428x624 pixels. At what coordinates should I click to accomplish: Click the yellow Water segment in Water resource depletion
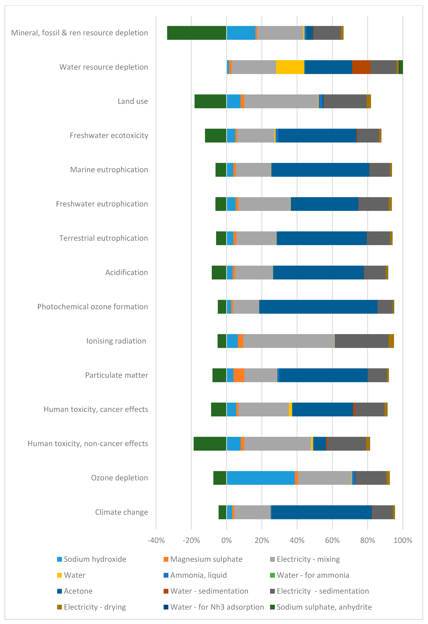tap(290, 67)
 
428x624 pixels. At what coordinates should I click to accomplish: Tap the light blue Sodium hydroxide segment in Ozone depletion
tap(260, 478)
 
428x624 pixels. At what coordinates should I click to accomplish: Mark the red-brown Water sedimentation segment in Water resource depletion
tap(361, 67)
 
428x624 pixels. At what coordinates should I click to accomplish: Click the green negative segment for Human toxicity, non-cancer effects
tap(210, 444)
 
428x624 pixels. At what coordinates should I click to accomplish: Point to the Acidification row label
tap(126, 273)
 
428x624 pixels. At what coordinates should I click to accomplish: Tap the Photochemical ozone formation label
tap(93, 307)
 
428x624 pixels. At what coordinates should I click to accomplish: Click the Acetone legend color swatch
tap(60, 591)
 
